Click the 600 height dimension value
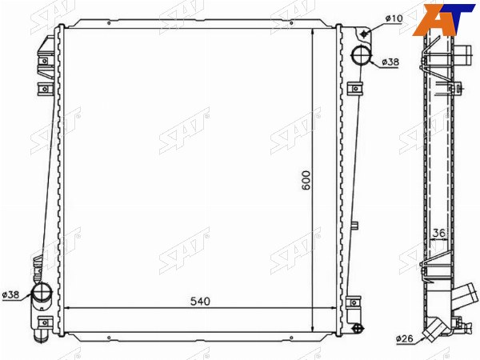point(306,180)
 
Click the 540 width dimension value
point(200,302)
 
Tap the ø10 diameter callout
point(394,18)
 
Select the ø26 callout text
point(404,338)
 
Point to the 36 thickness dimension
point(438,233)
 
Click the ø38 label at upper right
point(390,62)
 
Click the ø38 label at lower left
point(10,294)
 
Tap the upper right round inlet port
point(361,54)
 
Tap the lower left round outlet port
point(42,292)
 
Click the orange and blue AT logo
point(443,20)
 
